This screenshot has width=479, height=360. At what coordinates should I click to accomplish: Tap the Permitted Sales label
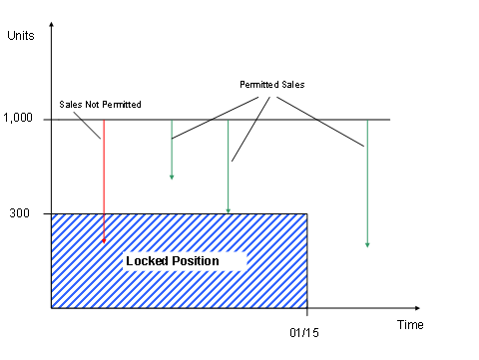click(x=271, y=85)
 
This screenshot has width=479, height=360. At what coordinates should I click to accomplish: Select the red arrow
click(x=104, y=180)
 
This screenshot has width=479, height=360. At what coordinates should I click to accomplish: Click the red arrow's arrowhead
click(x=104, y=240)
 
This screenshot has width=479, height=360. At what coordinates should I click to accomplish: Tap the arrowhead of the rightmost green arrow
click(x=367, y=243)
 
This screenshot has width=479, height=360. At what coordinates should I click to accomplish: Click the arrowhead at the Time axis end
click(x=416, y=308)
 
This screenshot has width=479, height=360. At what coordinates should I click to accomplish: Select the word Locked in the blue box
click(x=148, y=261)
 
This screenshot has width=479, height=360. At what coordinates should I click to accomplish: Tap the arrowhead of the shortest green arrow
click(x=172, y=177)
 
